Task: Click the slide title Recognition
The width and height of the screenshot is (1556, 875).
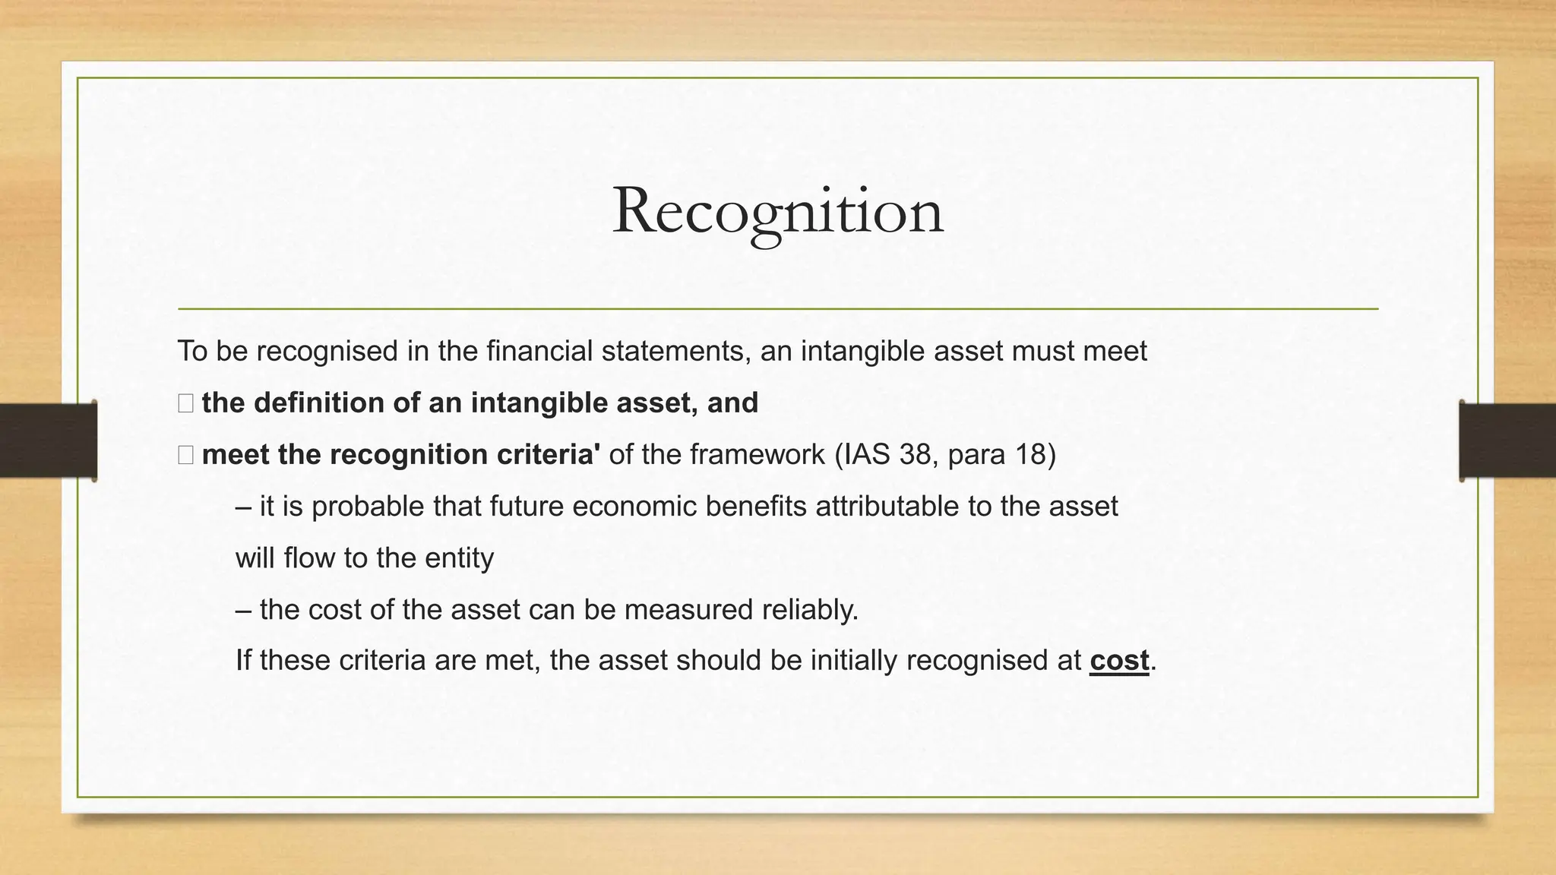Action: pyautogui.click(x=777, y=211)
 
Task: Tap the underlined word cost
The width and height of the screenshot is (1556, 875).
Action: pyautogui.click(x=1119, y=661)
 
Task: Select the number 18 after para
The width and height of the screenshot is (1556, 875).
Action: pyautogui.click(x=1030, y=455)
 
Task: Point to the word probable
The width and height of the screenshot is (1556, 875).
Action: pyautogui.click(x=368, y=507)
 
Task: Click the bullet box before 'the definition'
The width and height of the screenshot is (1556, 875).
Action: pyautogui.click(x=186, y=403)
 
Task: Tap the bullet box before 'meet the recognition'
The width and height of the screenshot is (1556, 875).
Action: pyautogui.click(x=186, y=455)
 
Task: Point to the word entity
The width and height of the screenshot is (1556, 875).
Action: pyautogui.click(x=459, y=558)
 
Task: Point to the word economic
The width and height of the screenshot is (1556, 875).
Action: pyautogui.click(x=634, y=507)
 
